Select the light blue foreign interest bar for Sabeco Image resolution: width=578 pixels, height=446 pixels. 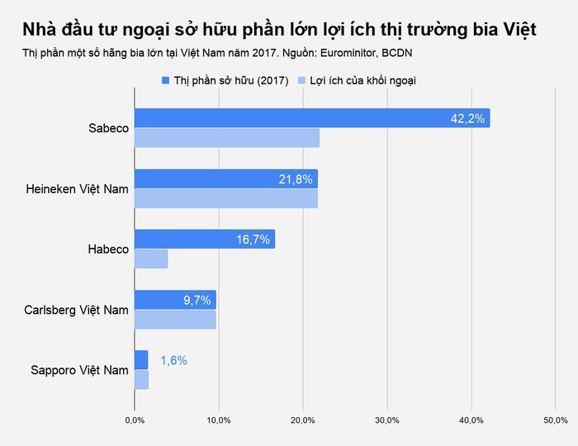227,138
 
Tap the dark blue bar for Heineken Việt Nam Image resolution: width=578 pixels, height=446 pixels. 225,178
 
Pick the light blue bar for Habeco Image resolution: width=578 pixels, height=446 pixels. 151,259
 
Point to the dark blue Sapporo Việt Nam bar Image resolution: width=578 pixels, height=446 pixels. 141,359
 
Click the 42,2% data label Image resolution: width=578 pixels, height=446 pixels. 467,118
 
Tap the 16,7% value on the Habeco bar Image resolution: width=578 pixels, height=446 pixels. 253,239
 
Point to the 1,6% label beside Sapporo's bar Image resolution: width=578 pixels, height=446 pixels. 173,360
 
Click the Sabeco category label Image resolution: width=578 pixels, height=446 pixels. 108,128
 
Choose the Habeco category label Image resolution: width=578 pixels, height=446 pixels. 108,249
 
